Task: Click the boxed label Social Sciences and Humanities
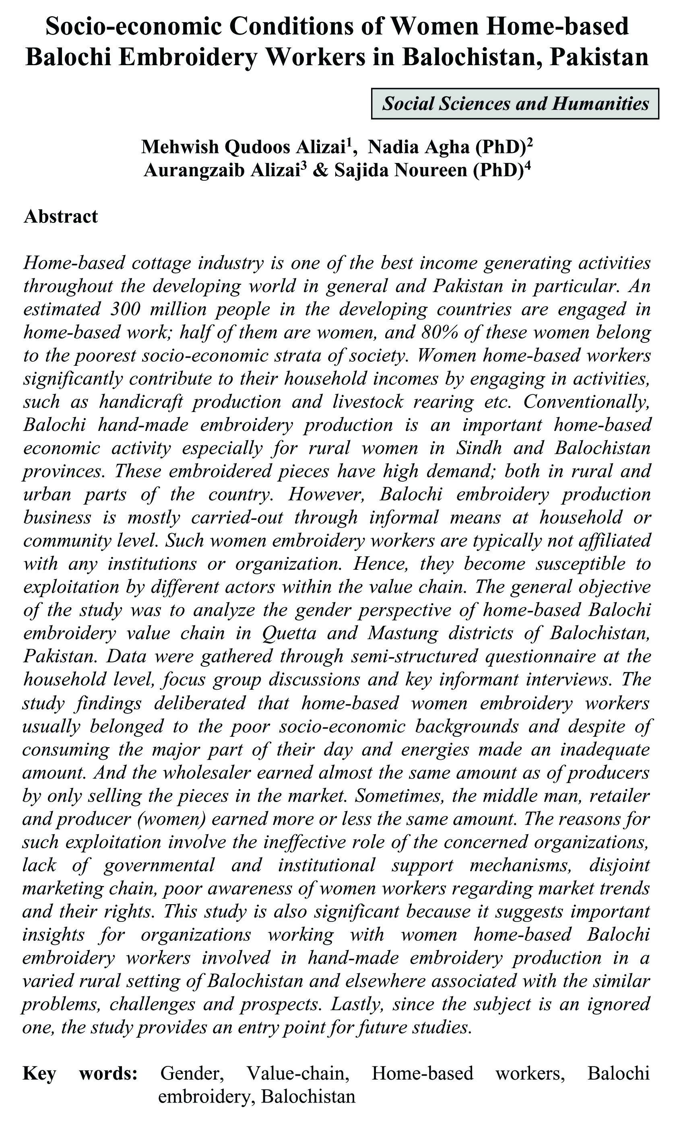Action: tap(515, 104)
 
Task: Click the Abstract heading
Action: tap(60, 216)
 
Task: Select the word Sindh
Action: tap(479, 448)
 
